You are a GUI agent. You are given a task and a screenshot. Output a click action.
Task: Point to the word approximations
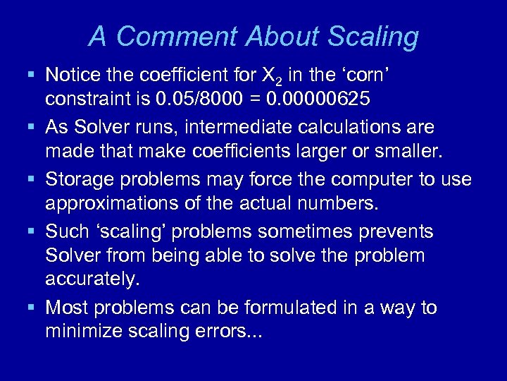click(x=113, y=205)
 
